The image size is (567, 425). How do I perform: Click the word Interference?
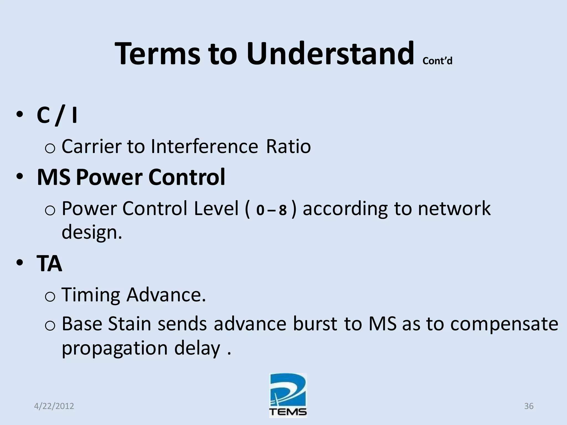pyautogui.click(x=204, y=146)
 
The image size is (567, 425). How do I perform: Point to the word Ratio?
pyautogui.click(x=288, y=146)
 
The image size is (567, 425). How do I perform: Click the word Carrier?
pyautogui.click(x=91, y=146)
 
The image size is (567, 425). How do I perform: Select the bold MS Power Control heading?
pyautogui.click(x=131, y=177)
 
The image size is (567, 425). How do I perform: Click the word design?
pyautogui.click(x=91, y=232)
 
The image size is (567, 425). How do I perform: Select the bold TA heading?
pyautogui.click(x=49, y=264)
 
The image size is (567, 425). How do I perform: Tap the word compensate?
pyautogui.click(x=504, y=324)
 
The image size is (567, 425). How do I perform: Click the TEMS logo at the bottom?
pyautogui.click(x=288, y=396)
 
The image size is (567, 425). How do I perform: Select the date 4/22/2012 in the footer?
pyautogui.click(x=54, y=406)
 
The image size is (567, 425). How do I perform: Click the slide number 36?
pyautogui.click(x=529, y=406)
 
